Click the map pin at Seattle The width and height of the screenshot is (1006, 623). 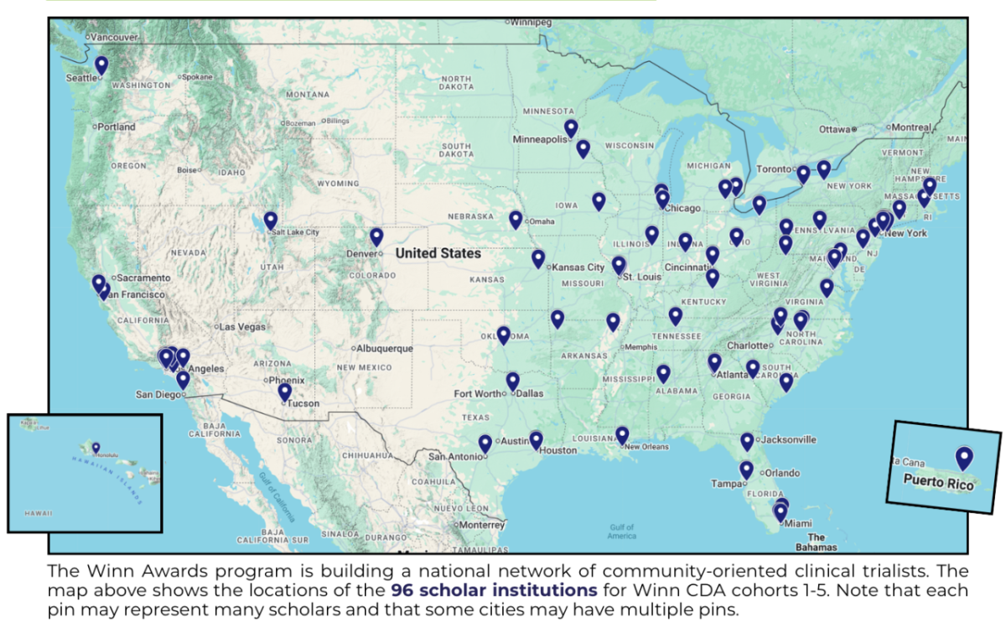pyautogui.click(x=101, y=65)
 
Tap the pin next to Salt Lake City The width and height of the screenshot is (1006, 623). pyautogui.click(x=270, y=221)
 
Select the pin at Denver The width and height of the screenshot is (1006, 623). pyautogui.click(x=376, y=237)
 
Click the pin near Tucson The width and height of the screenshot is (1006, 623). pyautogui.click(x=285, y=392)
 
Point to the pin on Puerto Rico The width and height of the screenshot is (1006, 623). pyautogui.click(x=964, y=458)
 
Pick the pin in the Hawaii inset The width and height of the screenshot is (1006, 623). pyautogui.click(x=96, y=448)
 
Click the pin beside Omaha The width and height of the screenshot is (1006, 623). pyautogui.click(x=516, y=220)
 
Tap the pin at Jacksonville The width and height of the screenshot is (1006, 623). pyautogui.click(x=747, y=441)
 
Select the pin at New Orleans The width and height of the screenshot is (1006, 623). pyautogui.click(x=622, y=435)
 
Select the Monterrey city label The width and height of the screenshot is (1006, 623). pyautogui.click(x=482, y=524)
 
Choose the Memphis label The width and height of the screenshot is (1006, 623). pyautogui.click(x=642, y=346)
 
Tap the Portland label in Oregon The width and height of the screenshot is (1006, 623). pyautogui.click(x=116, y=127)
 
